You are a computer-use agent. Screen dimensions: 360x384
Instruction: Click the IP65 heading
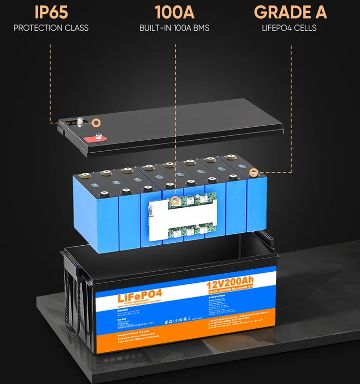click(x=51, y=12)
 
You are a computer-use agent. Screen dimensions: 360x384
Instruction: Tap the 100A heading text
click(x=175, y=12)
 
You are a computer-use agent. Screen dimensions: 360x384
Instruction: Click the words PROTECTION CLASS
click(x=51, y=28)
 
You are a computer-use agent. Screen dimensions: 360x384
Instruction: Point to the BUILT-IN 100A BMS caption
click(x=175, y=28)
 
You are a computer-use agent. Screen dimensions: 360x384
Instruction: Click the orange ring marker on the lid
click(x=96, y=122)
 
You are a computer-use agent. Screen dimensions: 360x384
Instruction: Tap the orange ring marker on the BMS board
click(x=175, y=198)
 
